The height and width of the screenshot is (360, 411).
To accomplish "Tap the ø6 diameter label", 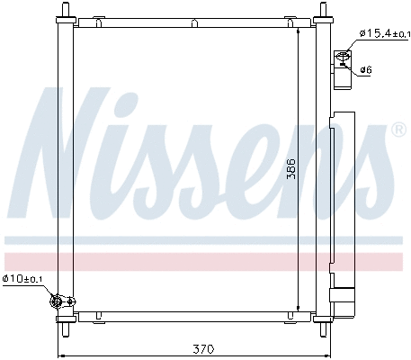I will tap(366, 69).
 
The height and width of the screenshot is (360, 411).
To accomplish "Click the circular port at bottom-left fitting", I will tap(58, 301).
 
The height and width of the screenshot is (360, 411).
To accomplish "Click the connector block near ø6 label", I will tap(342, 62).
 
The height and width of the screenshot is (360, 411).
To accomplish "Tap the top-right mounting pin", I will tap(321, 10).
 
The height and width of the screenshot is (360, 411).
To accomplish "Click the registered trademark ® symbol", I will tap(398, 130).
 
